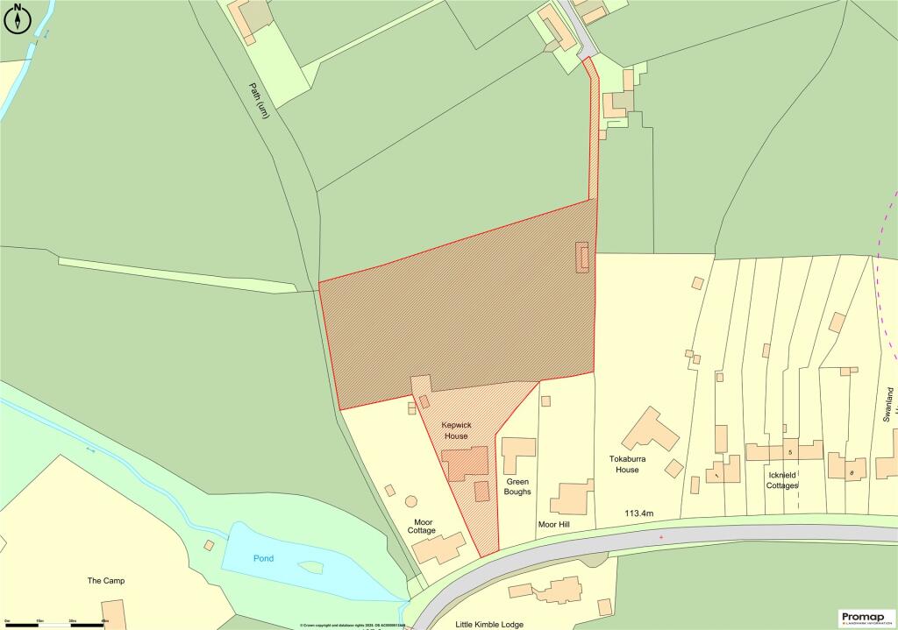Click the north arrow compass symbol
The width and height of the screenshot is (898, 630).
[x=19, y=19]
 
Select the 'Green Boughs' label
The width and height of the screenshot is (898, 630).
[x=518, y=487]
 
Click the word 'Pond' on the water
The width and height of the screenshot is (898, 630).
[x=262, y=557]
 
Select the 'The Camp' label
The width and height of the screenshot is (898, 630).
[x=108, y=581]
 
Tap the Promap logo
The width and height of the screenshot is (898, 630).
[x=866, y=618]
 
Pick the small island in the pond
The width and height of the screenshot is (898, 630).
[x=310, y=568]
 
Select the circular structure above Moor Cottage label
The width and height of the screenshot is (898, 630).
[x=410, y=503]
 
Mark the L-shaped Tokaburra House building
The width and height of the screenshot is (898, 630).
[x=650, y=430]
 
